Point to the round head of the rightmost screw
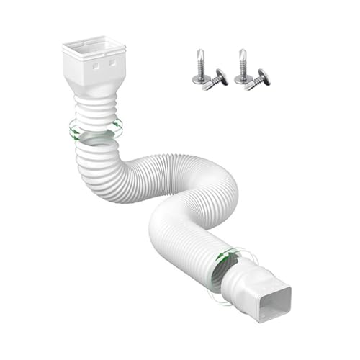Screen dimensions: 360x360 pos(264,75)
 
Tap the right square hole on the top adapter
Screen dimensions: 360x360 pos(113,63)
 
